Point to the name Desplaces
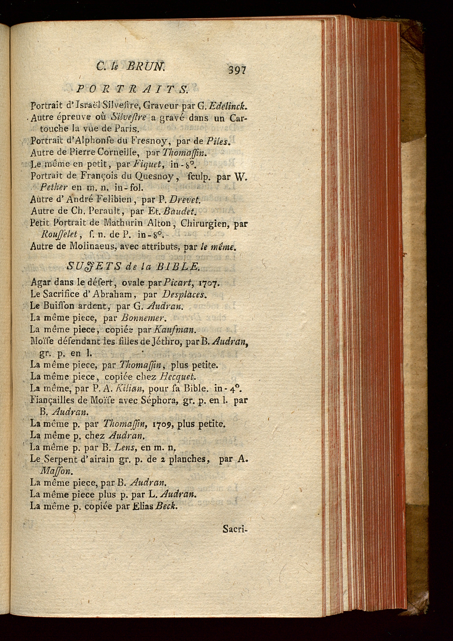coord(184,294)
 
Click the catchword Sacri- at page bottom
coord(235,529)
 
